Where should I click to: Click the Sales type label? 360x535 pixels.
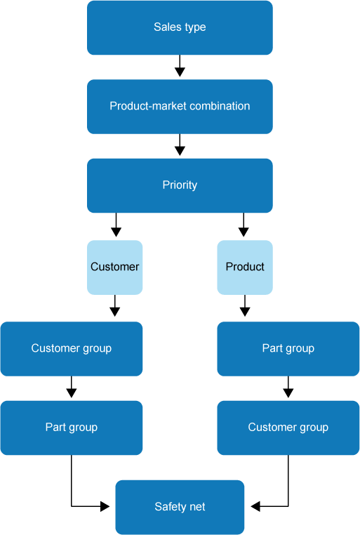[180, 27]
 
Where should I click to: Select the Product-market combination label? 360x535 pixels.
[180, 106]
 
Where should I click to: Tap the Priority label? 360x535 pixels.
[180, 185]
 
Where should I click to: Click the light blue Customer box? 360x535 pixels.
[115, 267]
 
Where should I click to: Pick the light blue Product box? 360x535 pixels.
[245, 267]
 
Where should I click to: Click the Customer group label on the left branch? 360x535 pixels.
[71, 348]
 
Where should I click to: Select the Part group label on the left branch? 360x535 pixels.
[71, 427]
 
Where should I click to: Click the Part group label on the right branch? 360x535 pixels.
[288, 348]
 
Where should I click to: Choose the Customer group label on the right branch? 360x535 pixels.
[288, 427]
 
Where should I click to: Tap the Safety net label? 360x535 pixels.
[180, 506]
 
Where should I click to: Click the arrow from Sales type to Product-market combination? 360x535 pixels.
[180, 67]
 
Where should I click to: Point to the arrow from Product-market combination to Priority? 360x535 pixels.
[180, 145]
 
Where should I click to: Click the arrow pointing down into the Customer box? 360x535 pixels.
[116, 226]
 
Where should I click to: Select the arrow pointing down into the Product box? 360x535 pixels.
[244, 226]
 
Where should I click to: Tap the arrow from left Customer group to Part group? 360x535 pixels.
[71, 388]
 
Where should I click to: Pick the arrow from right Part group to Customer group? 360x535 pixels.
[288, 388]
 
